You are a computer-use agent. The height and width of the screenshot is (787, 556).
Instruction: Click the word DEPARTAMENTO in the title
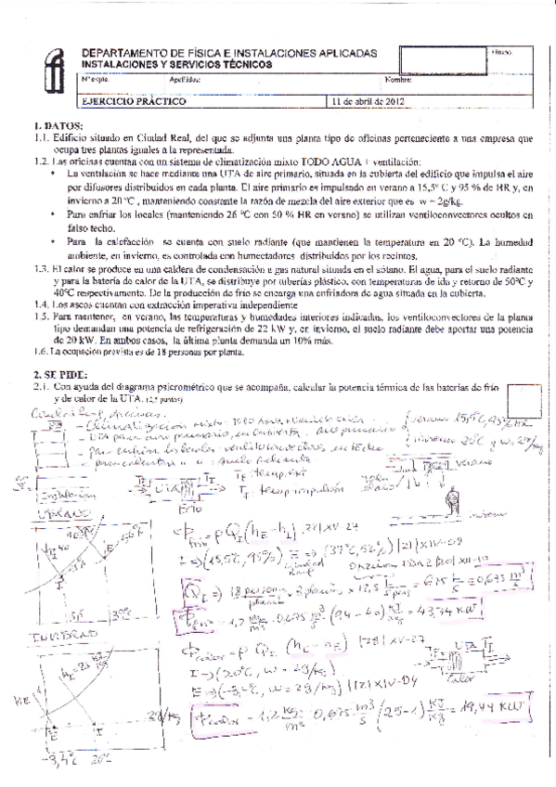click(122, 55)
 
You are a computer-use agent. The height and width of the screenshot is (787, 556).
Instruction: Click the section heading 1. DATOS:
click(58, 124)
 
